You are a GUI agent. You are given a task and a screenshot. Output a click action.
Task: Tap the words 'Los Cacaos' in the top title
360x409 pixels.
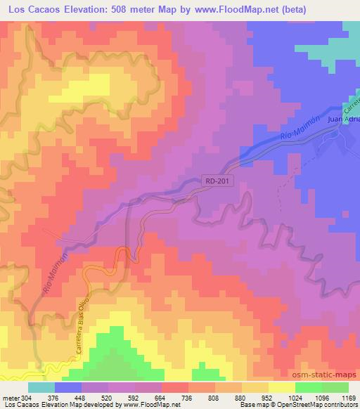click(30, 11)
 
